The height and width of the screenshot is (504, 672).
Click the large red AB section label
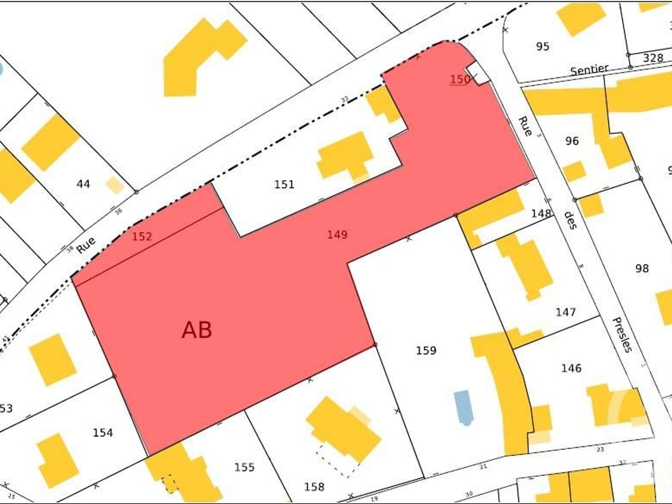tap(197, 330)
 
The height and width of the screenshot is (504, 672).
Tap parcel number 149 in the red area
tap(337, 234)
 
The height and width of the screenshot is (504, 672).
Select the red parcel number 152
tap(142, 236)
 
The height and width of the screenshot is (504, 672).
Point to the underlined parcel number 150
tap(460, 79)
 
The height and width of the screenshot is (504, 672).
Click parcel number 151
tap(284, 184)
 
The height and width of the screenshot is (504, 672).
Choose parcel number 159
tap(426, 350)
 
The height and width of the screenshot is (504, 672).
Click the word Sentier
tap(589, 70)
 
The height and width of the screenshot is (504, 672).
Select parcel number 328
tap(653, 58)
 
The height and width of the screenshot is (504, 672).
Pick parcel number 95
tap(542, 46)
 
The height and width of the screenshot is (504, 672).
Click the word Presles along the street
tap(623, 335)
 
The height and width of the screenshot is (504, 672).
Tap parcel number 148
tap(541, 213)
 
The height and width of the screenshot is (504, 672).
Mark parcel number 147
tap(565, 312)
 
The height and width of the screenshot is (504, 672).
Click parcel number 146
tap(571, 368)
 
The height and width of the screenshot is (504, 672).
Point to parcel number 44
tap(83, 184)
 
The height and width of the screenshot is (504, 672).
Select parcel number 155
tap(244, 467)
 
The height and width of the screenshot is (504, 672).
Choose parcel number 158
tap(314, 487)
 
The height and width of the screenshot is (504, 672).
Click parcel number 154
tap(103, 433)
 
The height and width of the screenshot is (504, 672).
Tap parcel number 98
tap(642, 268)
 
